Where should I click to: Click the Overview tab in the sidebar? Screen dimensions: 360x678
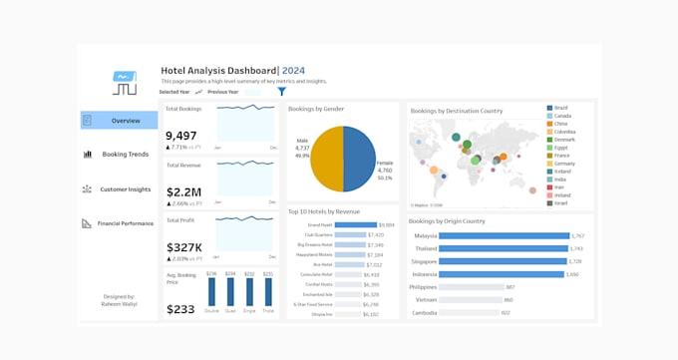coord(119,121)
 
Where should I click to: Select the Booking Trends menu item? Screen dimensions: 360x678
coord(119,155)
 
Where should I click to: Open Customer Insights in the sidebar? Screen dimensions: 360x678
coord(119,188)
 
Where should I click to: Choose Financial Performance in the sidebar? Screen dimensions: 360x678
coord(119,223)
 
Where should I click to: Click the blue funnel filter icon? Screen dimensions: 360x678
coord(282,92)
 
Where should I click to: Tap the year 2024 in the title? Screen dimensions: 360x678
coord(294,71)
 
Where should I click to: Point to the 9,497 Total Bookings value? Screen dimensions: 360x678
coord(181,136)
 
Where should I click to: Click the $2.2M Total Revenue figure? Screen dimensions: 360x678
coord(182,191)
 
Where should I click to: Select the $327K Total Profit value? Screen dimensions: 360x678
coord(184,247)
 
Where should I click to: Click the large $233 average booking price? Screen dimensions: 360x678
coord(180,309)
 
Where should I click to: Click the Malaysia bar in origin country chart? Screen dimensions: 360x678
coord(503,236)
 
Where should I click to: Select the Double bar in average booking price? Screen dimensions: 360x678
coord(211,291)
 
